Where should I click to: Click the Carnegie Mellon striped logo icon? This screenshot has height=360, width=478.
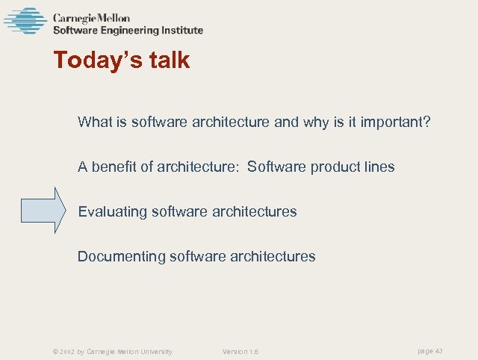tap(25, 21)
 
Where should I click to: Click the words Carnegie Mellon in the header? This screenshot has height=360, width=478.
tap(90, 17)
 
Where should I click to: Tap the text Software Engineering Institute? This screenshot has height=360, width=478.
tap(127, 31)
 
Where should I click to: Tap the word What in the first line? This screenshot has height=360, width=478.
tap(95, 122)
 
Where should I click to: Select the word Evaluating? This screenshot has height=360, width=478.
tap(113, 211)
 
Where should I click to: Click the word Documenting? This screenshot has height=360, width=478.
tap(122, 256)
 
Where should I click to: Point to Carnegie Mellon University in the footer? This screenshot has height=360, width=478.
tap(130, 351)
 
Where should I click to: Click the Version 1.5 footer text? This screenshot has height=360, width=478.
tap(240, 351)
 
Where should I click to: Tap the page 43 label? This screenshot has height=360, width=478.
tap(429, 350)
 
